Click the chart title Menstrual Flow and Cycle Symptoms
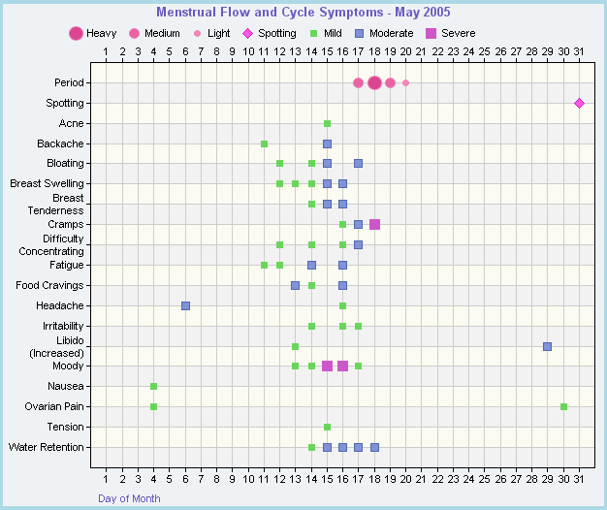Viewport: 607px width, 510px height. (x=303, y=13)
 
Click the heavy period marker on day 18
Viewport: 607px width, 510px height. (x=374, y=82)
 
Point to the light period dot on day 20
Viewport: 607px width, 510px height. (x=405, y=82)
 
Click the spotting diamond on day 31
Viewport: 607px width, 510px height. (x=579, y=103)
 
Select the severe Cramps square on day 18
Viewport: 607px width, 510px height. (x=374, y=224)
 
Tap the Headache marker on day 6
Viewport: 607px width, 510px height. (x=185, y=305)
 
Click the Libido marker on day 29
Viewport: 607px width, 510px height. (x=547, y=346)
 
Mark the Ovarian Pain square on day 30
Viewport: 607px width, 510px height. (x=563, y=406)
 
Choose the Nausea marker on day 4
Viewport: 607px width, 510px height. (x=153, y=386)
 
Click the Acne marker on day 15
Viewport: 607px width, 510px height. (x=327, y=123)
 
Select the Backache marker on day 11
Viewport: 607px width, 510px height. (x=264, y=143)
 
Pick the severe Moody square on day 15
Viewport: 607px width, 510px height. (x=327, y=366)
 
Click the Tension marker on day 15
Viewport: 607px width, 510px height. (x=327, y=427)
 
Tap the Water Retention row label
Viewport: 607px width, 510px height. (x=46, y=447)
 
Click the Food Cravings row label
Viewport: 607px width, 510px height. (x=49, y=285)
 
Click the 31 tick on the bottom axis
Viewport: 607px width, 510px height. (x=579, y=477)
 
